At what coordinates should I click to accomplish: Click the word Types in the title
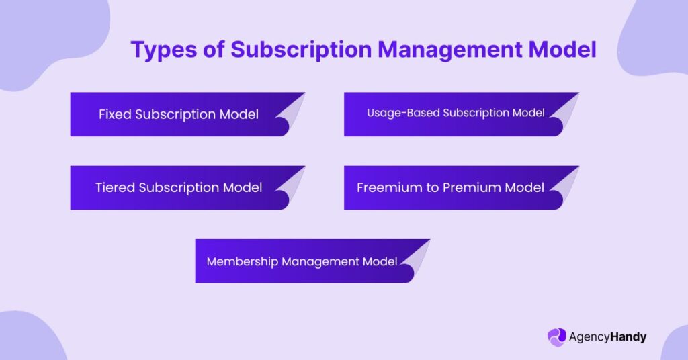point(164,50)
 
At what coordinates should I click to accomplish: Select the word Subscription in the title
point(301,50)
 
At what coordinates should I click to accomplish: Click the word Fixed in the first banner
point(115,114)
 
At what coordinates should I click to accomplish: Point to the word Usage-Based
point(403,113)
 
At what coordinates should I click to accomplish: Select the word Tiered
point(115,187)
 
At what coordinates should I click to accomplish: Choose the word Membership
point(242,261)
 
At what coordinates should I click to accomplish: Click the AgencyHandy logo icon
point(556,337)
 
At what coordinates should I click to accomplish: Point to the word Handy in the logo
point(628,337)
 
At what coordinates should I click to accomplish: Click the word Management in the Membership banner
point(320,262)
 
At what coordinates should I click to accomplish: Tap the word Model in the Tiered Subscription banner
point(243,187)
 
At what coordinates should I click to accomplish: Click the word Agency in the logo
point(589,337)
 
